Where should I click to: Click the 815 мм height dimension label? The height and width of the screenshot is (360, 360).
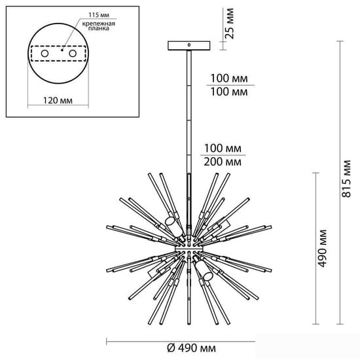[x=346, y=179]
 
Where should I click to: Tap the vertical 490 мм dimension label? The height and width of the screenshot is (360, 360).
[x=322, y=248]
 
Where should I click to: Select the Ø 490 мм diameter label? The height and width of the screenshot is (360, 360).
[x=192, y=348]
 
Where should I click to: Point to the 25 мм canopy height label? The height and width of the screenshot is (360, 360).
[x=229, y=23]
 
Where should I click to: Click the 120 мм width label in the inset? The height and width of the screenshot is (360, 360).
[x=58, y=100]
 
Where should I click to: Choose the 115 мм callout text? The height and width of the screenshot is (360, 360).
[x=99, y=15]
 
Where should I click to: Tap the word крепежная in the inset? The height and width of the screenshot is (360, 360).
[x=99, y=24]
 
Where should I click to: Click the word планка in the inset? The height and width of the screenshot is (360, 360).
[x=99, y=28]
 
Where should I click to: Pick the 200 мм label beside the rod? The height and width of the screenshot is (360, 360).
[x=223, y=162]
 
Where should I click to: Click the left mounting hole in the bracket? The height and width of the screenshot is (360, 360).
[x=45, y=54]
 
